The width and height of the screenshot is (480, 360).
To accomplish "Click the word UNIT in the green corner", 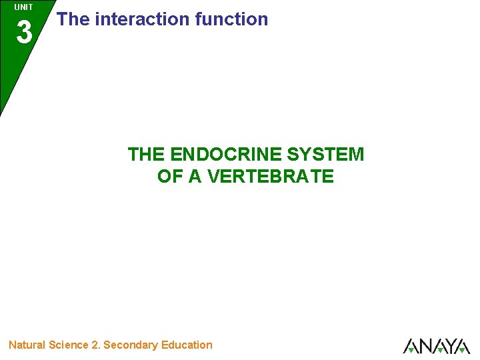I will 23,7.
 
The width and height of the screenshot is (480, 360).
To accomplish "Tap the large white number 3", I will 24,32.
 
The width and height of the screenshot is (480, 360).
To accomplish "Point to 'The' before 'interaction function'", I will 73,19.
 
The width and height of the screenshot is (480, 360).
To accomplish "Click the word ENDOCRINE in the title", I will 227,155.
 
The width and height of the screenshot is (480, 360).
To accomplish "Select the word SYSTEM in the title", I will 326,155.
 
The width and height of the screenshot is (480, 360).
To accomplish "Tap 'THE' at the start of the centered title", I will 146,155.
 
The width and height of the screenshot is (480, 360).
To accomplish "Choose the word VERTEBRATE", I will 271,177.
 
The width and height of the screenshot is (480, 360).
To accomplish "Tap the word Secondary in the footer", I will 131,345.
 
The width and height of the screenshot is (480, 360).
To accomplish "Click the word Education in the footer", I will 187,345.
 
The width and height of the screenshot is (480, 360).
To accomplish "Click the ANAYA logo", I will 437,346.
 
